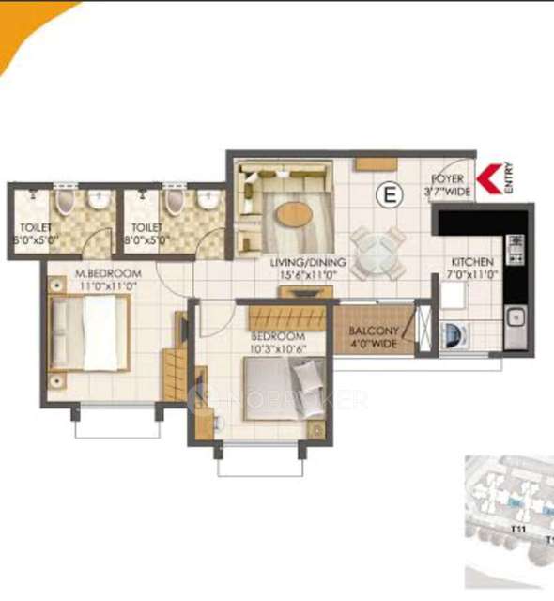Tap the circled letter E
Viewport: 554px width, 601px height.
385,194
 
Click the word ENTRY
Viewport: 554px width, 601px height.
508,178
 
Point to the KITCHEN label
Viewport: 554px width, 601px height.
471,262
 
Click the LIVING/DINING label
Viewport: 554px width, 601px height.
307,262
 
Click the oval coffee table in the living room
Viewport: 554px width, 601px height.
294,214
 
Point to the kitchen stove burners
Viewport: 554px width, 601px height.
516,247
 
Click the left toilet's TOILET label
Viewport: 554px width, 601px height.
34,226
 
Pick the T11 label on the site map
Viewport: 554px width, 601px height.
517,531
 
